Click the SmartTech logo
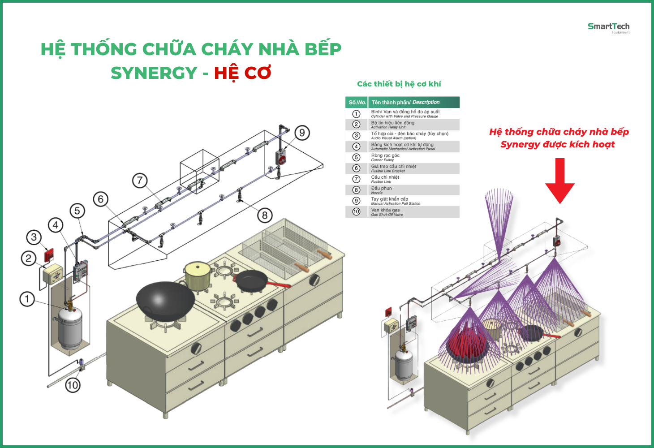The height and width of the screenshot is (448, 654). click(608, 27)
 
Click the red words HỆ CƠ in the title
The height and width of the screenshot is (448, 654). click(242, 73)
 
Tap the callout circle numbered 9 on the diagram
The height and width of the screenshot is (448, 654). click(302, 133)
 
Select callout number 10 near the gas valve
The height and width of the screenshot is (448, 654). click(73, 385)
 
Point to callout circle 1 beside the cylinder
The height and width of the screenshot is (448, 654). click(27, 299)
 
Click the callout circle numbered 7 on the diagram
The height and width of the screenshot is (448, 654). click(140, 181)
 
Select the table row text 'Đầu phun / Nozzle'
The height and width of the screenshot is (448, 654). click(381, 190)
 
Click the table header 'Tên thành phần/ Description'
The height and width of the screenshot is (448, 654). click(405, 103)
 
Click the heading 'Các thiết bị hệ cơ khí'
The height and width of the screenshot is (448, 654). click(399, 84)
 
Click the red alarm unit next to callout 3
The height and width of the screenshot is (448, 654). click(49, 255)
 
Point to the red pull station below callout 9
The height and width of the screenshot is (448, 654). click(281, 157)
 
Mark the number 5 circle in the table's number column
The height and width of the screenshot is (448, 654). click(356, 157)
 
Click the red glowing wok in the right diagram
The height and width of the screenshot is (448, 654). click(467, 344)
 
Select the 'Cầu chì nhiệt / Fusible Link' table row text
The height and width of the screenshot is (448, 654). click(385, 179)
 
